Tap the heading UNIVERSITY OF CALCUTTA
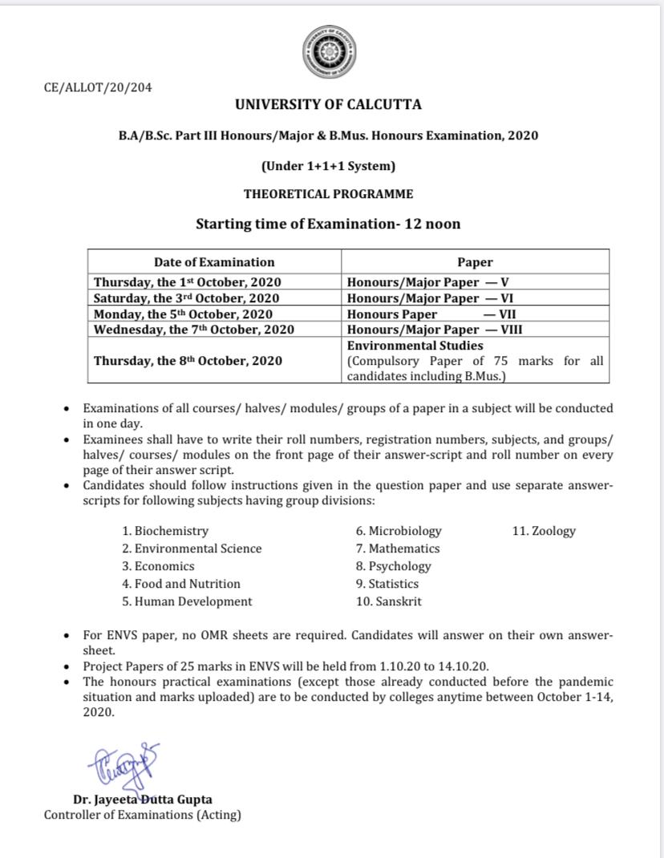328,104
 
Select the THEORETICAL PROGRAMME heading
328,194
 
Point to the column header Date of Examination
214,262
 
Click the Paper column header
475,262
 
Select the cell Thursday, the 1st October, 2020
187,282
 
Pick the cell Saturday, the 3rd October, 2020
186,298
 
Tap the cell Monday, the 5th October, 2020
183,314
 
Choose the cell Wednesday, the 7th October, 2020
194,330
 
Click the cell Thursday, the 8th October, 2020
188,361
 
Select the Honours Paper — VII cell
431,314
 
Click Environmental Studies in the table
415,346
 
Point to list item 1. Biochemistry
165,531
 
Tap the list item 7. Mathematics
398,548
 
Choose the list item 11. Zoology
544,531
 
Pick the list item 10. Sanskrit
389,601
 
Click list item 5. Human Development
187,601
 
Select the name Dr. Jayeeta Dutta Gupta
143,799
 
